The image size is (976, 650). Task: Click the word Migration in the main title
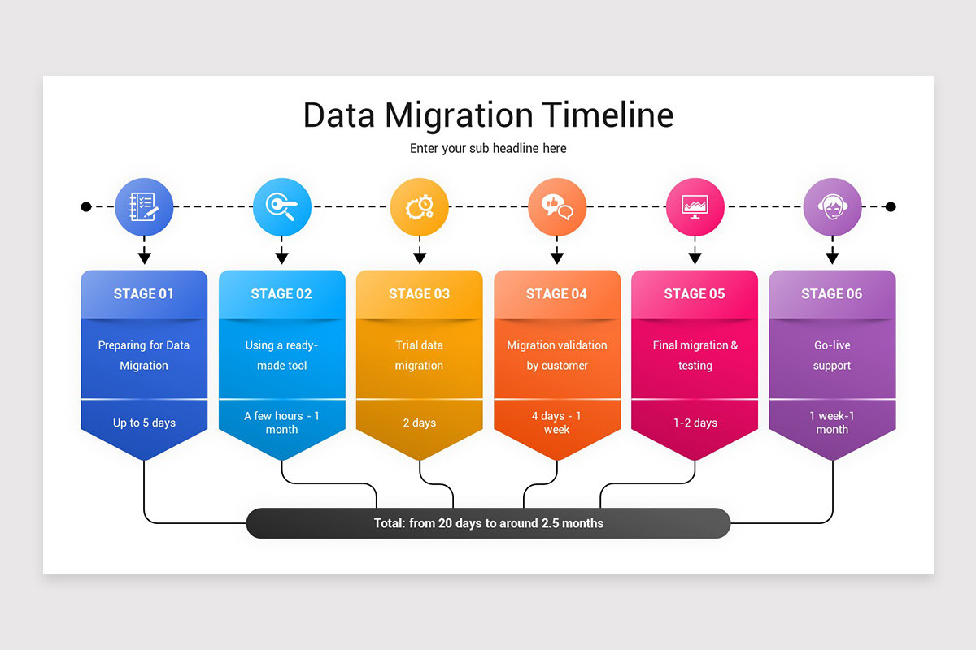(x=460, y=115)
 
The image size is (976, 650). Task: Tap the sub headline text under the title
(x=488, y=148)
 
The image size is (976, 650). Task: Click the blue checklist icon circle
(x=144, y=207)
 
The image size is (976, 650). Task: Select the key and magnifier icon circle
(x=281, y=207)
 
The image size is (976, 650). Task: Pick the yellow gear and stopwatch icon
(x=419, y=207)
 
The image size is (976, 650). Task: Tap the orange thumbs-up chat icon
(x=557, y=207)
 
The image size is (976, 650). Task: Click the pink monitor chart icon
(x=695, y=207)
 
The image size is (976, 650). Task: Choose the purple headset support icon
(x=832, y=207)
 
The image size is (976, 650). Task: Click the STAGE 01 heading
(x=144, y=294)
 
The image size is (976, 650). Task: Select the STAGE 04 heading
(x=557, y=294)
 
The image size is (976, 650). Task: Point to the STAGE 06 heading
(x=832, y=294)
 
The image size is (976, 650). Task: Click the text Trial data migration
(x=419, y=355)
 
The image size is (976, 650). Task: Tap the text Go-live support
(x=832, y=355)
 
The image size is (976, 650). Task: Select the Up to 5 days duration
(x=144, y=422)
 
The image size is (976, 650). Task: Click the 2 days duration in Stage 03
(x=419, y=422)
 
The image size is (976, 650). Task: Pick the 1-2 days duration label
(x=695, y=422)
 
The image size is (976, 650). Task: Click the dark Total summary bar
(x=488, y=523)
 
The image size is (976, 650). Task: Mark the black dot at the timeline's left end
(x=86, y=207)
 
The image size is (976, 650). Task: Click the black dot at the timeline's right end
(x=891, y=207)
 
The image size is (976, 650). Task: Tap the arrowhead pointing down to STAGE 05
(x=695, y=258)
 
